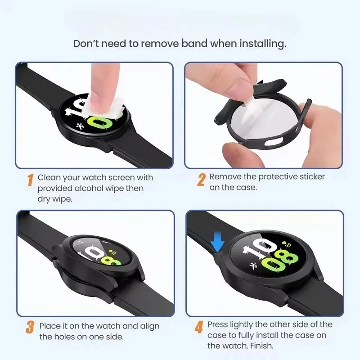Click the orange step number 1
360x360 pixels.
coord(30,180)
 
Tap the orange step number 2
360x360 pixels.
coord(202,179)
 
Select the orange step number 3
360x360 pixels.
coord(30,327)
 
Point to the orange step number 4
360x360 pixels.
coord(198,327)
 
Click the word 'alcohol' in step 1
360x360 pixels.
coord(88,188)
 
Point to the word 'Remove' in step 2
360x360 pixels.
coord(223,176)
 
